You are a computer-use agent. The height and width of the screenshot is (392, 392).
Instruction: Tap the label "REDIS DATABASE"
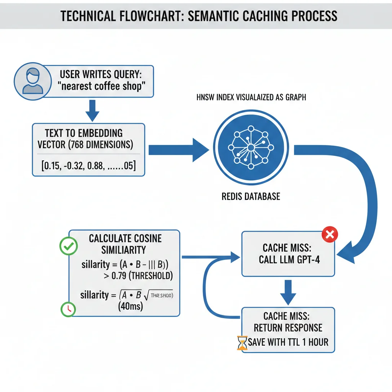click(251, 197)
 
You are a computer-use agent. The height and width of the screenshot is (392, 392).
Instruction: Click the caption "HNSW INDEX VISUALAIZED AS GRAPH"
click(251, 98)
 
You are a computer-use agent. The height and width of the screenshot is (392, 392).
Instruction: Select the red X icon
click(328, 235)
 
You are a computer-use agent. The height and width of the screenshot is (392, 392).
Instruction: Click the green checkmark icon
click(69, 247)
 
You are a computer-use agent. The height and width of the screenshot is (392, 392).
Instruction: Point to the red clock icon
click(68, 309)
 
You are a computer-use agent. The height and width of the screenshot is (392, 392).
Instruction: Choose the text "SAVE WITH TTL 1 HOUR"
click(288, 342)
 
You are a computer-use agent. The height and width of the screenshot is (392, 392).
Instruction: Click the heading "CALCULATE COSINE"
click(125, 238)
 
